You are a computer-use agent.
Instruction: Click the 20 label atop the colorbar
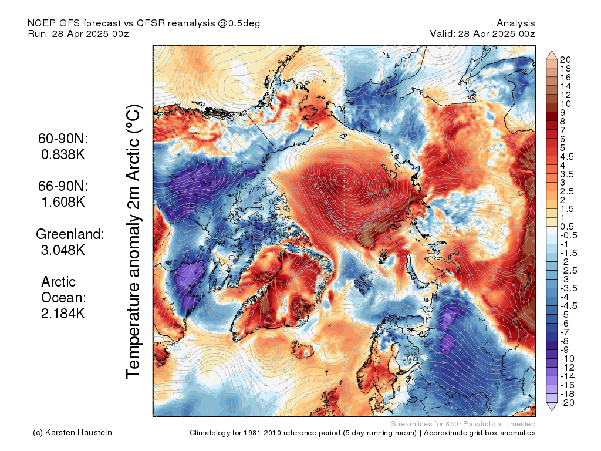click(x=565, y=60)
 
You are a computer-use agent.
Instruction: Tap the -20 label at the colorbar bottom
click(x=567, y=402)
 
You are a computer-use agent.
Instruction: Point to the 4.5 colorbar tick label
click(x=567, y=157)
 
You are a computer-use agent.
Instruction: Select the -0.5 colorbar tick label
click(x=568, y=235)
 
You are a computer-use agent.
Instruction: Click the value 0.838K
click(x=63, y=155)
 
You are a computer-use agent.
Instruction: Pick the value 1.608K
click(x=63, y=202)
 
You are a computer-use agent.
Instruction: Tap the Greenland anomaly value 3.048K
click(x=63, y=250)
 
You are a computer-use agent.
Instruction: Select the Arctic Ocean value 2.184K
click(x=63, y=313)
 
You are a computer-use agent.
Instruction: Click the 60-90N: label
click(x=63, y=139)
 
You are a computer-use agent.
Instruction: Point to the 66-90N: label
click(x=63, y=186)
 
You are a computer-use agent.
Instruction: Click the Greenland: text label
click(x=70, y=234)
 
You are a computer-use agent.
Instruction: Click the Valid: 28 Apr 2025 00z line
click(x=482, y=33)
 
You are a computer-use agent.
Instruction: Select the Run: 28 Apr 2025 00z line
click(x=78, y=33)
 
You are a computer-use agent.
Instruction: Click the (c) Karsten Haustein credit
click(x=72, y=433)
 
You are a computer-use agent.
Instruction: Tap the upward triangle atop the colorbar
click(x=552, y=55)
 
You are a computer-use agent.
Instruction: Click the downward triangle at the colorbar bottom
click(x=552, y=407)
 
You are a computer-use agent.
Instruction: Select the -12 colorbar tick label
click(x=567, y=367)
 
